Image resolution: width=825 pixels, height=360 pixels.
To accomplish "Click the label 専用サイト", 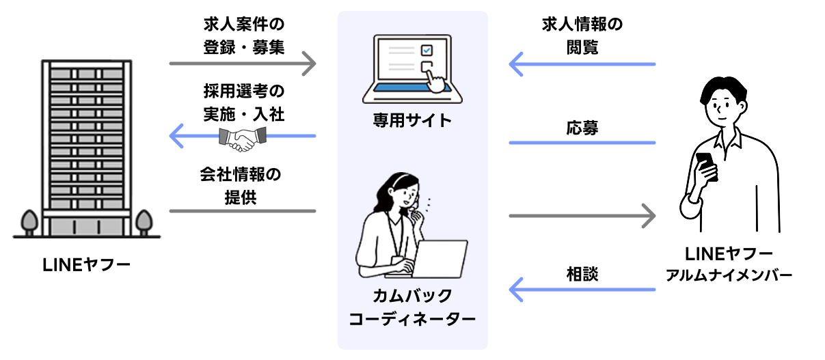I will (x=412, y=121).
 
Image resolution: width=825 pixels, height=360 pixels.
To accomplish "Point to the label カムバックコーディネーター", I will (x=412, y=307).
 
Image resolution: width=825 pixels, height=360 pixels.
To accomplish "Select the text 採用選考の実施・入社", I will (x=243, y=102).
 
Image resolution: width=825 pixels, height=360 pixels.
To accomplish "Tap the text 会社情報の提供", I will (x=243, y=184).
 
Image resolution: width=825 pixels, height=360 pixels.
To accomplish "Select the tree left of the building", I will (x=29, y=221).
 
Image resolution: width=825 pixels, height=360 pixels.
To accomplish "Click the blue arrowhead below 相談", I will (x=516, y=290).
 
